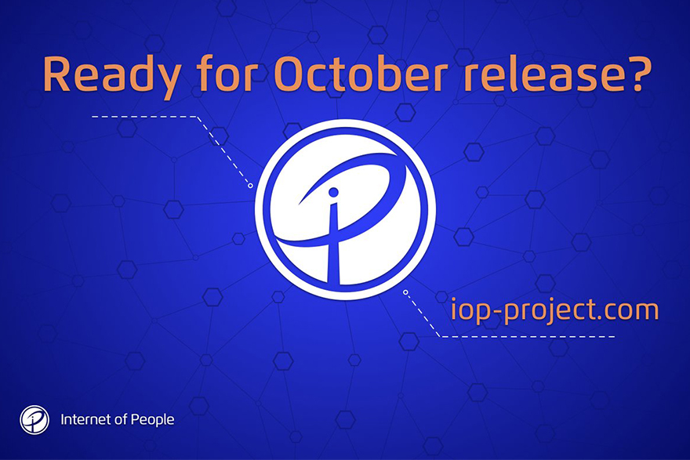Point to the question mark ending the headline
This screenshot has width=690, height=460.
pyautogui.click(x=634, y=74)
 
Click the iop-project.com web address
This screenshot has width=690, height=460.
pyautogui.click(x=554, y=310)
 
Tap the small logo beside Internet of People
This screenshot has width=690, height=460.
pyautogui.click(x=34, y=420)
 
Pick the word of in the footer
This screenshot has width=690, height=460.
pyautogui.click(x=121, y=419)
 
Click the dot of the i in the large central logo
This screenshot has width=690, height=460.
pyautogui.click(x=333, y=192)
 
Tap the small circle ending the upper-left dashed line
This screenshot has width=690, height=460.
pyautogui.click(x=250, y=186)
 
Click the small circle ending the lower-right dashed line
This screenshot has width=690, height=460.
pyautogui.click(x=405, y=292)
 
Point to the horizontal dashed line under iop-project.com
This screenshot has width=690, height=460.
pyautogui.click(x=527, y=337)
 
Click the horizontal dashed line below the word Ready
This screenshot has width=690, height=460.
pyautogui.click(x=144, y=117)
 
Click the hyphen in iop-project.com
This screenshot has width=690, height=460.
pyautogui.click(x=494, y=311)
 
